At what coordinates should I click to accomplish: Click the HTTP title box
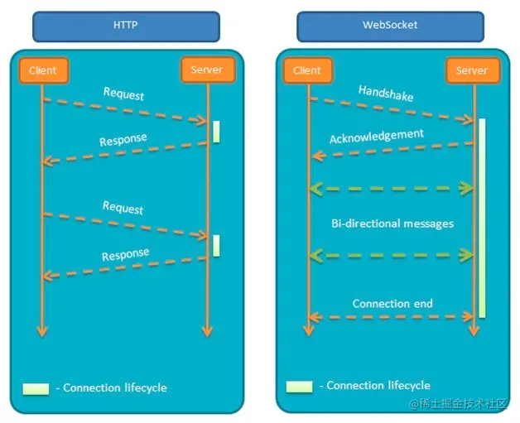126,26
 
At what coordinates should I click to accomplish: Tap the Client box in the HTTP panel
42,70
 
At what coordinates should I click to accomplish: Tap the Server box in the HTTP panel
207,70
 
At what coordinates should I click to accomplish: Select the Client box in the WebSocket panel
307,70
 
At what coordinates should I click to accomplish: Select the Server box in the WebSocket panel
472,70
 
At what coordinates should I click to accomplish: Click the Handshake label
386,93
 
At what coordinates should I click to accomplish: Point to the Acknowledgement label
377,135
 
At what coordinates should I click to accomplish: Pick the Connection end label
392,303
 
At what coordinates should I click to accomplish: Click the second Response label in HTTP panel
126,254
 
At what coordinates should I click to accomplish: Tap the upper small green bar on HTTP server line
216,132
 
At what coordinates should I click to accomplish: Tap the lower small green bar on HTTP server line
216,244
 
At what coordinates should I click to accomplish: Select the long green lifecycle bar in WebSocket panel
481,217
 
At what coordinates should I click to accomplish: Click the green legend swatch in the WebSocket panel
299,386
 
